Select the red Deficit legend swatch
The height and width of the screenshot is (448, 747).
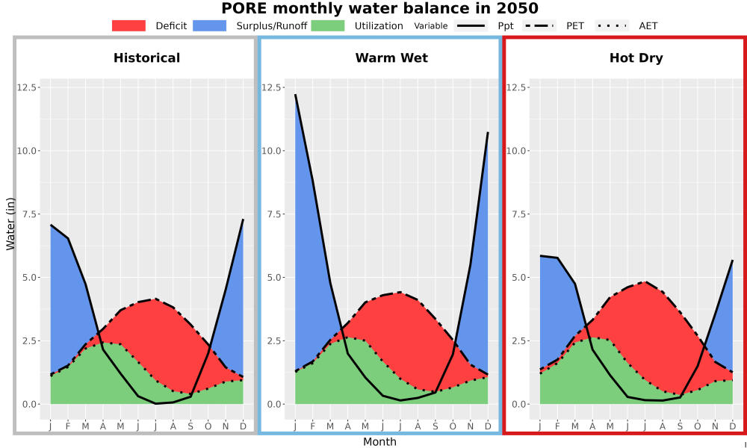(128, 25)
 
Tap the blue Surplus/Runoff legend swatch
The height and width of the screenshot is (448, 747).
(210, 25)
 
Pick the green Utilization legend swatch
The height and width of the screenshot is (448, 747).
(328, 25)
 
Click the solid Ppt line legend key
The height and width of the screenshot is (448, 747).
(471, 25)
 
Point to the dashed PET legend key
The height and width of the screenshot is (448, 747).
(539, 25)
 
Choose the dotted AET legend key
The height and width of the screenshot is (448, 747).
(612, 25)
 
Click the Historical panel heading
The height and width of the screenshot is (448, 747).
(146, 58)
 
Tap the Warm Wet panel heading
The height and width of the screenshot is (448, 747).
(391, 58)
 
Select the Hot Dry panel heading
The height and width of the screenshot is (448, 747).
(636, 58)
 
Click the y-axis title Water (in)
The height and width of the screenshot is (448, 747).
(10, 223)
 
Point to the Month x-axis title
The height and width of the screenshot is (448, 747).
(379, 442)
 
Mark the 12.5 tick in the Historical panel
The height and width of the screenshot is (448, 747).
(28, 87)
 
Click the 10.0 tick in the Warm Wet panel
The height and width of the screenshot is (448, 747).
(272, 151)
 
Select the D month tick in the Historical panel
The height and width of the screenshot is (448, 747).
(243, 426)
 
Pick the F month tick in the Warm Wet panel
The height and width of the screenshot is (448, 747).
(313, 426)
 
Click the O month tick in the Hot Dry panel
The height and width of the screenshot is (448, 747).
(698, 426)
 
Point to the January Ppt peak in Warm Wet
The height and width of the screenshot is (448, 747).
(295, 95)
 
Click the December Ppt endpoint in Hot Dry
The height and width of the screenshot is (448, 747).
(732, 261)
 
